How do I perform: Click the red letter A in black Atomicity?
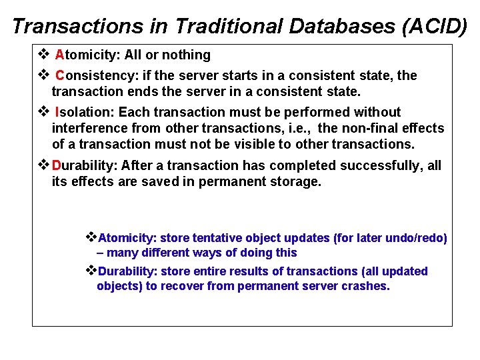coord(59,55)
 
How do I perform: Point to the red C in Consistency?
coord(60,75)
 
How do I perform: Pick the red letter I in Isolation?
coord(58,112)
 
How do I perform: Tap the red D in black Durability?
coord(57,165)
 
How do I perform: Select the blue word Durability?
coord(128,271)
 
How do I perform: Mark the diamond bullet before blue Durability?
coord(91,271)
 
